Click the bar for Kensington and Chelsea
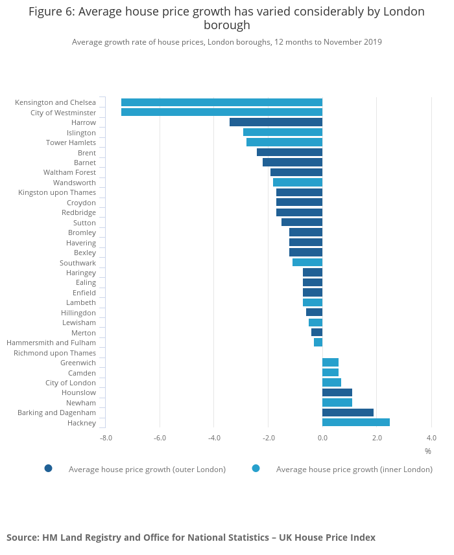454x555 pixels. (x=222, y=102)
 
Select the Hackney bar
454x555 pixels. (x=356, y=423)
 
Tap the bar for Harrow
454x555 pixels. (x=276, y=122)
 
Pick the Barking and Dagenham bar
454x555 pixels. (x=348, y=413)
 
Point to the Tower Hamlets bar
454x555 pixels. (x=284, y=142)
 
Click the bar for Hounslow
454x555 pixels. (x=337, y=392)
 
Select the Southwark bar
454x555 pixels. (x=307, y=263)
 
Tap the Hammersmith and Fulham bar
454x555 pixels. (x=318, y=343)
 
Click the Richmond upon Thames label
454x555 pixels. (x=55, y=353)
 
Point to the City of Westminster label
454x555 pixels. (x=63, y=113)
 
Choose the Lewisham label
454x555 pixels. (x=79, y=323)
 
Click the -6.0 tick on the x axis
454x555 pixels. (x=160, y=438)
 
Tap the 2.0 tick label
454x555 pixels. (x=377, y=438)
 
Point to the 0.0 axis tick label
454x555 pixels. (x=322, y=438)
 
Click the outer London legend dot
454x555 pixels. (x=48, y=468)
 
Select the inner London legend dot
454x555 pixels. (x=256, y=468)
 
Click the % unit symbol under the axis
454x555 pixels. (x=428, y=451)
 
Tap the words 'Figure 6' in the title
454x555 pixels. (x=51, y=12)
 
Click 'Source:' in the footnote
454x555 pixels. (x=22, y=538)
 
